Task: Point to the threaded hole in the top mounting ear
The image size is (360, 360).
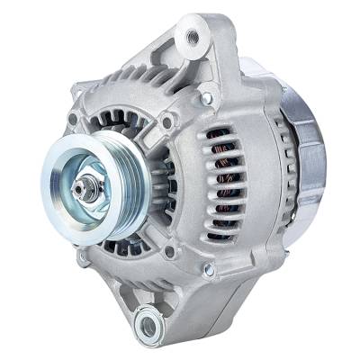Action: (190, 39)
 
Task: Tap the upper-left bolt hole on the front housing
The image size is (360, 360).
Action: (73, 119)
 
